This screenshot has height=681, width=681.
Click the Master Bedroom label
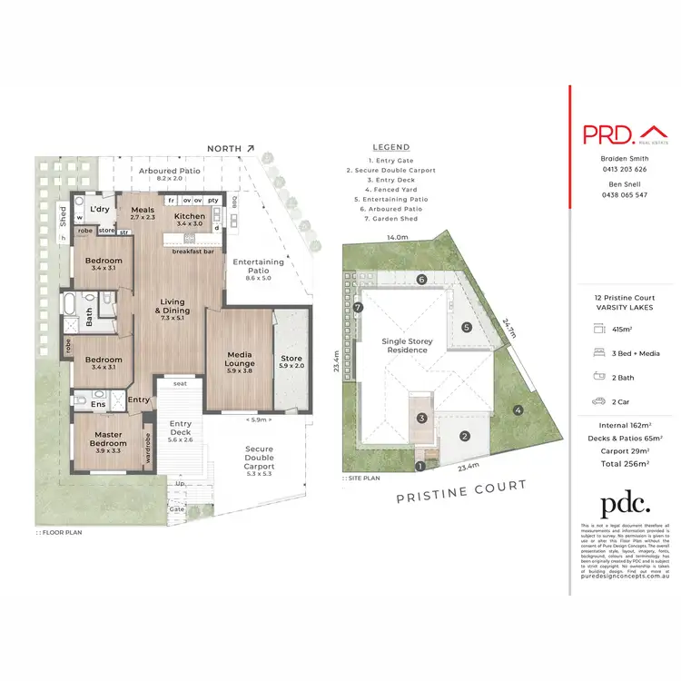[107, 440]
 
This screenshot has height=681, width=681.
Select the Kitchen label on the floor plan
[190, 217]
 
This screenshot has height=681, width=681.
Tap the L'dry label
[99, 210]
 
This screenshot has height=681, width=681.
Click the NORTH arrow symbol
[251, 148]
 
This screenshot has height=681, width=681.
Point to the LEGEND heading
[391, 147]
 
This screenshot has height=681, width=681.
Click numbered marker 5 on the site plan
[466, 327]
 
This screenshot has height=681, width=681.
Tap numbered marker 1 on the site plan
[419, 467]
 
